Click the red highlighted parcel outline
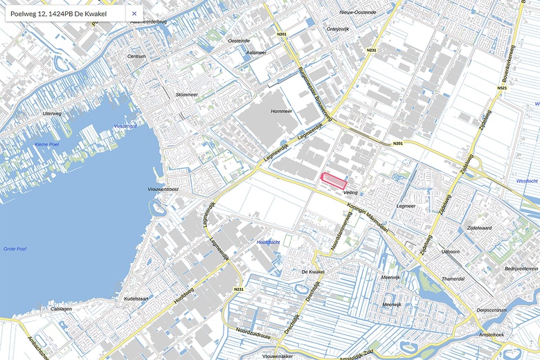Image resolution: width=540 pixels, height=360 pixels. click(334, 181)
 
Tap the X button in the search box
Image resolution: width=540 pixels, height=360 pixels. click(134, 13)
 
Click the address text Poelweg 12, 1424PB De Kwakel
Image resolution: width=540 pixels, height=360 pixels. click(58, 13)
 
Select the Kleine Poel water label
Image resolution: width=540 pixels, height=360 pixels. click(48, 143)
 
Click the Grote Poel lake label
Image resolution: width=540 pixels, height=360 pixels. click(15, 248)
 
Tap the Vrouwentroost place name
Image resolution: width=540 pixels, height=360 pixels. click(163, 189)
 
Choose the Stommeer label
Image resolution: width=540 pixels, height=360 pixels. click(187, 94)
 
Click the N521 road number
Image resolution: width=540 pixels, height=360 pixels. click(502, 88)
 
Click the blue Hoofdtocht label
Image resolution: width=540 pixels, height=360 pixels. click(268, 242)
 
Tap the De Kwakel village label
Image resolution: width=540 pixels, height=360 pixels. click(313, 272)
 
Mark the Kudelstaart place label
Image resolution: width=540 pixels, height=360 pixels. click(136, 298)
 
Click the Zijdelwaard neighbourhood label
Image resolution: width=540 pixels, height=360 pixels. click(479, 227)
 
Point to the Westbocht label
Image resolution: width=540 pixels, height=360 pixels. click(527, 181)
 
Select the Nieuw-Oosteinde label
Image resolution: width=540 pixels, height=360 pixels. click(357, 12)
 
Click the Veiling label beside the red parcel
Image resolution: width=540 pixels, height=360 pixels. click(350, 192)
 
